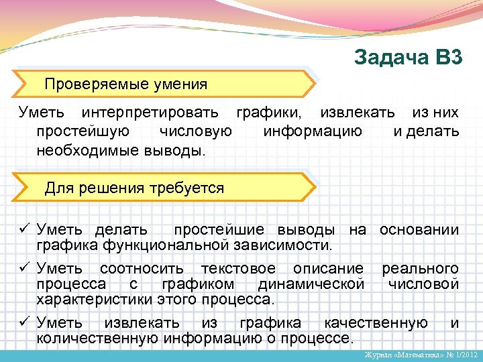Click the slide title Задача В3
click(408, 58)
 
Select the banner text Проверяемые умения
click(125, 85)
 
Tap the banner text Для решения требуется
click(134, 188)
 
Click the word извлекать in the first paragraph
click(356, 112)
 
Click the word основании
click(419, 231)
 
